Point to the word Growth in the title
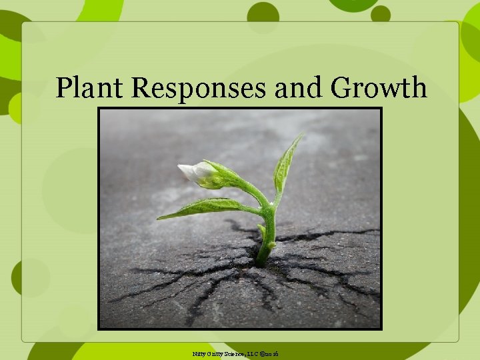click(379, 87)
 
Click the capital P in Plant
click(63, 87)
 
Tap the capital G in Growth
click(343, 87)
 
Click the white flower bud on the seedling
click(193, 173)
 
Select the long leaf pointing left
click(200, 209)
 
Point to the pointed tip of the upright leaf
click(301, 135)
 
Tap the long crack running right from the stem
click(327, 234)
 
